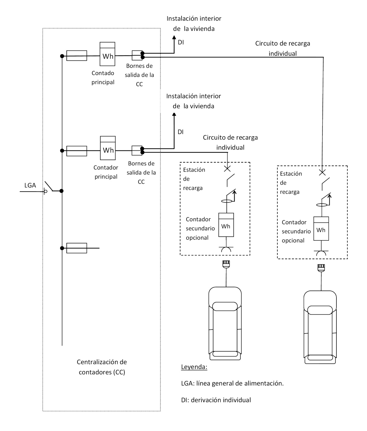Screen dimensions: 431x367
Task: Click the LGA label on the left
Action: (x=30, y=185)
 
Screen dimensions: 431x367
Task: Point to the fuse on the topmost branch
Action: (x=76, y=56)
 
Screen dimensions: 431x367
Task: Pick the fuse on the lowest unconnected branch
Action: (x=76, y=248)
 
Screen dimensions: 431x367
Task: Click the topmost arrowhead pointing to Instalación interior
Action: (x=174, y=38)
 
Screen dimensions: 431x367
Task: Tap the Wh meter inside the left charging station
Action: (x=226, y=225)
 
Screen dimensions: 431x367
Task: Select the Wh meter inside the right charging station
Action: (x=321, y=229)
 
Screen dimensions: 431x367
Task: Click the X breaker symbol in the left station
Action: (x=227, y=169)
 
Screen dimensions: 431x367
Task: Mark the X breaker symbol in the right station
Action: (x=322, y=172)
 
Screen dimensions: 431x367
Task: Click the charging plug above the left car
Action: (x=226, y=264)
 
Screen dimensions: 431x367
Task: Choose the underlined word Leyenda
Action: (x=194, y=367)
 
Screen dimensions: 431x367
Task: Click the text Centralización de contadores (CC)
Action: (x=102, y=367)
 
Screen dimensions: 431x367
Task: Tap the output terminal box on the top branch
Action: (x=137, y=55)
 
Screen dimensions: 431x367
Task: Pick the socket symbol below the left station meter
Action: (x=226, y=250)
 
